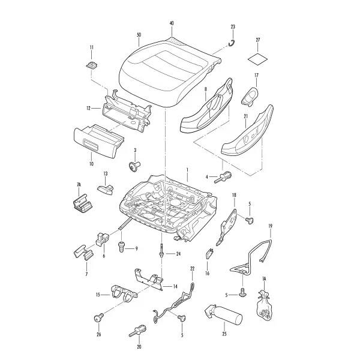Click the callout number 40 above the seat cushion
pos(172,23)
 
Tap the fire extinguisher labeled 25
pos(223,314)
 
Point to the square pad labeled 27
pos(258,59)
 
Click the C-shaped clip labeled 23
pos(232,43)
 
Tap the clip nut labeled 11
pos(92,65)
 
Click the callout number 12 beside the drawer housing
pos(88,108)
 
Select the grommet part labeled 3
pos(134,166)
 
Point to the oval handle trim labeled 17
pos(250,97)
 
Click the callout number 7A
pos(79,185)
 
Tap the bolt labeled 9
pos(121,247)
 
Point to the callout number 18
pos(234,196)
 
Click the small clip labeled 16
pos(209,254)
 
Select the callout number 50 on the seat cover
pos(139,35)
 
